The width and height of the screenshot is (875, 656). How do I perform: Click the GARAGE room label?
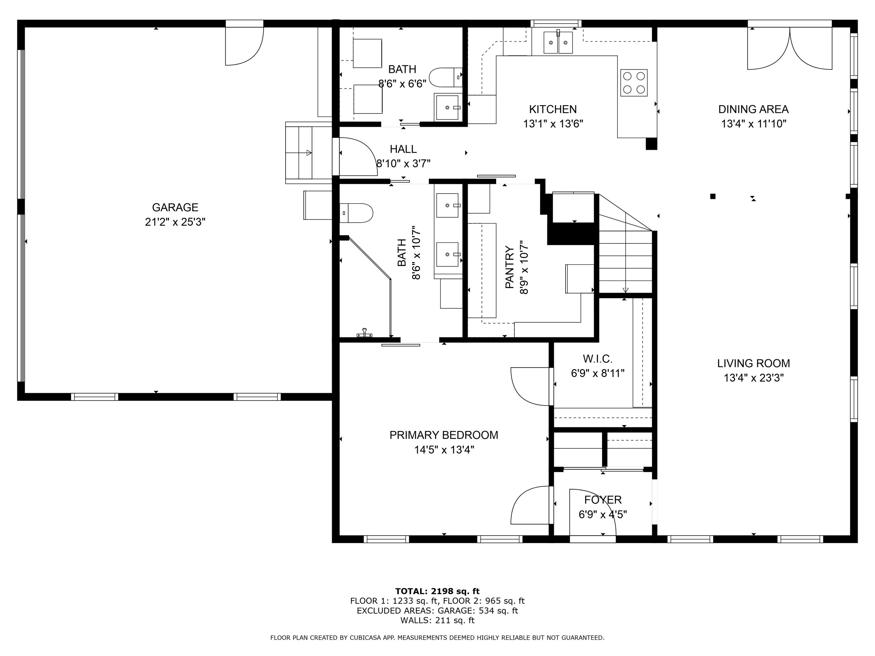point(175,207)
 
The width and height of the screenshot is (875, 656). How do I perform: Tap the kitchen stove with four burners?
point(634,83)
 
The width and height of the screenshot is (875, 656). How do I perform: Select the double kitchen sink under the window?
point(558,42)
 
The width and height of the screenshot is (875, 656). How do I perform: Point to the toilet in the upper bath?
point(446,78)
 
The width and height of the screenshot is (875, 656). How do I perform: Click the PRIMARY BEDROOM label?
point(444,435)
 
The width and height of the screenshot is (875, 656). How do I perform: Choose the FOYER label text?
point(603,500)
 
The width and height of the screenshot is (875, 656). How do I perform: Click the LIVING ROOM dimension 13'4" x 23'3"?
point(754,378)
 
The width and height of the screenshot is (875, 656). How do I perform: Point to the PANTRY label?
point(510,267)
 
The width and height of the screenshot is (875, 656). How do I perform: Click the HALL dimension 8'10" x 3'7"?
point(403,163)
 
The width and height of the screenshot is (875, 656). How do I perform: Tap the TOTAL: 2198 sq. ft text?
point(437,591)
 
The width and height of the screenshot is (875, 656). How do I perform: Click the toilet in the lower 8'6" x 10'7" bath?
point(356,213)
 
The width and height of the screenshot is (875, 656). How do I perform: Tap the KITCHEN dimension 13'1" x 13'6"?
point(553,124)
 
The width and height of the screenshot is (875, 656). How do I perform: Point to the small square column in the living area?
point(713,196)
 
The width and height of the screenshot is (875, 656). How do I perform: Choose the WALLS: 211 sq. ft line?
point(437,620)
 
